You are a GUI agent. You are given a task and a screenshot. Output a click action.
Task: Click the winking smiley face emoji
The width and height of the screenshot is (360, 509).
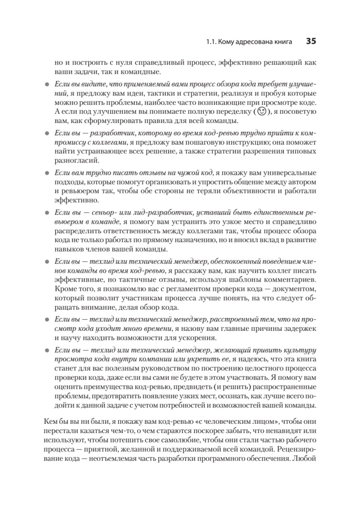coord(262,112)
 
